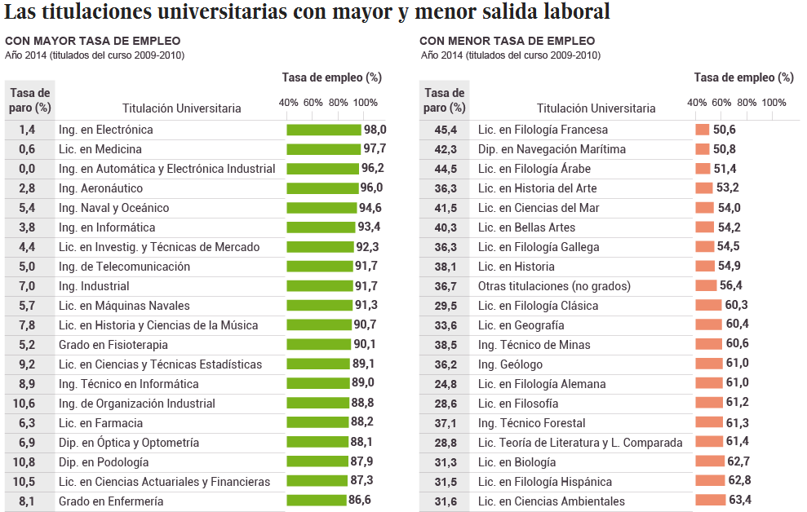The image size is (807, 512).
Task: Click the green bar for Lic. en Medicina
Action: point(323,149)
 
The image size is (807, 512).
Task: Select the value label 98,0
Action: point(375,130)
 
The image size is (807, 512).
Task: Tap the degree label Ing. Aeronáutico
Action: point(100,188)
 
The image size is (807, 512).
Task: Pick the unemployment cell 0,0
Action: point(27,169)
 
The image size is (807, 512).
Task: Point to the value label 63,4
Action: point(740,501)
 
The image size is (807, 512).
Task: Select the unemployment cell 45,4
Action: point(446,130)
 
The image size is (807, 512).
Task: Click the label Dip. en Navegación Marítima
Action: point(552,149)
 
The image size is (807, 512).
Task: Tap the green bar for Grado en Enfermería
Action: point(316,501)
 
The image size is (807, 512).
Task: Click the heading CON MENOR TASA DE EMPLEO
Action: point(507,41)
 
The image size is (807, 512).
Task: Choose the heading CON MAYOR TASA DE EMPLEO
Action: point(93,41)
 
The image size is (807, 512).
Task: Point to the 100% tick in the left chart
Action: point(365,103)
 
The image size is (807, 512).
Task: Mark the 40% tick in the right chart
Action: point(697,103)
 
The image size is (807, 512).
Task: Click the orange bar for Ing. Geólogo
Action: point(708,364)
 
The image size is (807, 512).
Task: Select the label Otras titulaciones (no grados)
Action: point(554,286)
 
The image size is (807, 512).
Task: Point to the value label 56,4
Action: point(729,285)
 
